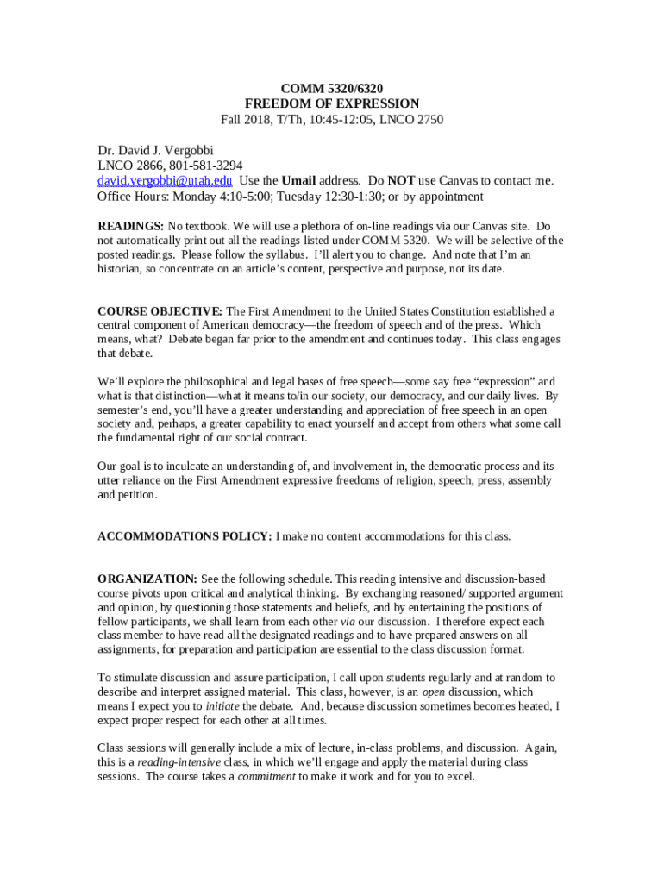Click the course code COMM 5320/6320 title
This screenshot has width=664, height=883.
(x=332, y=87)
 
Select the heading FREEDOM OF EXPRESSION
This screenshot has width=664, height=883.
(x=332, y=103)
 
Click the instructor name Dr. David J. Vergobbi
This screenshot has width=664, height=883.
(x=155, y=150)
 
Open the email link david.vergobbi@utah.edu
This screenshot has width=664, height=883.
(x=165, y=181)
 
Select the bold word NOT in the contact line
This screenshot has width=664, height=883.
(x=401, y=181)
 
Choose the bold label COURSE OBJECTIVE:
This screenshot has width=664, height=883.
(x=160, y=310)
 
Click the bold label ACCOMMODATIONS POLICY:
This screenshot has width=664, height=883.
(x=185, y=536)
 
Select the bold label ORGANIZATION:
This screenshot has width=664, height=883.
(x=147, y=579)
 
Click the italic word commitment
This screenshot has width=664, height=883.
(x=266, y=776)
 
